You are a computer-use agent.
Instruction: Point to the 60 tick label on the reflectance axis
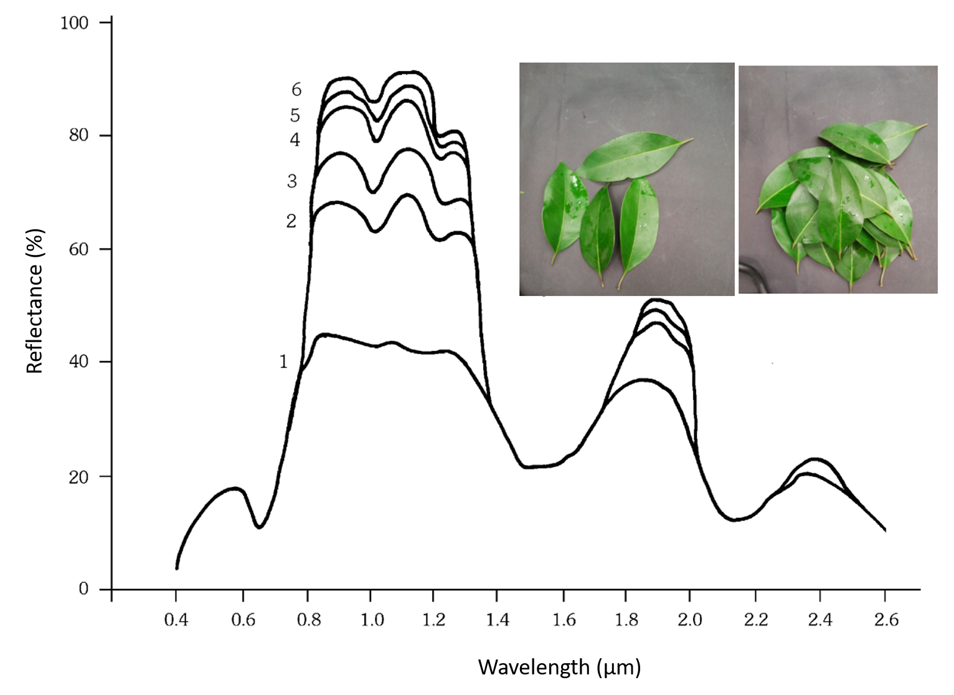point(79,249)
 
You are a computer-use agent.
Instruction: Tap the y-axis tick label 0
point(83,589)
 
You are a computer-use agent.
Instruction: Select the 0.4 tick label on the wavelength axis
point(176,620)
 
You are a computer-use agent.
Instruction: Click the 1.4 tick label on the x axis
point(498,620)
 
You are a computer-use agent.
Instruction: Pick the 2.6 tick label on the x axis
point(885,620)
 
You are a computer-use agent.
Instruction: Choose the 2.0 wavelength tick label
point(690,620)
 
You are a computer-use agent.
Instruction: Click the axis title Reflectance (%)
point(35,301)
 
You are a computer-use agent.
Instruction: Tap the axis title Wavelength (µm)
point(559,667)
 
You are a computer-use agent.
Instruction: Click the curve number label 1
point(283,362)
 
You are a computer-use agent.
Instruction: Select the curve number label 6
point(296,90)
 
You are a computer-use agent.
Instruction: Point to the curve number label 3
point(291,181)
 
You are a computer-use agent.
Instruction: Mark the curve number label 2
point(291,221)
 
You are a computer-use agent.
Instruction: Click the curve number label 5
point(295,115)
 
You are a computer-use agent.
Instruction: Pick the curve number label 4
point(295,140)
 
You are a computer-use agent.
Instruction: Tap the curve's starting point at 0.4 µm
point(177,567)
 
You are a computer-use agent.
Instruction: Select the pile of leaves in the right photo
point(834,206)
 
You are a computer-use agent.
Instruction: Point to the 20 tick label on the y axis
point(79,476)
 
